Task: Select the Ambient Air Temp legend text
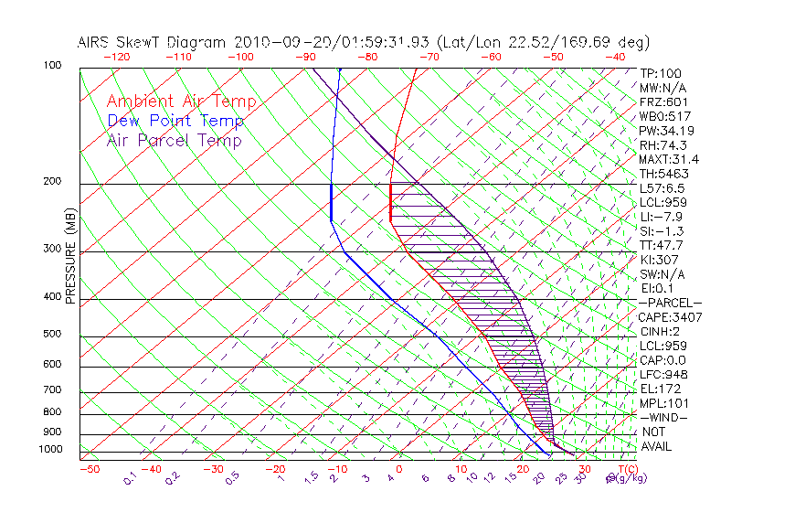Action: [x=182, y=102]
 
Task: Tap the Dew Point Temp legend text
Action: [x=175, y=122]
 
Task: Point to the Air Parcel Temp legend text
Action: [x=175, y=141]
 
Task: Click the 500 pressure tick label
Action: [x=53, y=335]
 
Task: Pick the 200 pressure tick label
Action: [x=53, y=182]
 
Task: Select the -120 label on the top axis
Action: [x=116, y=56]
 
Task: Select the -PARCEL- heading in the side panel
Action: [x=671, y=303]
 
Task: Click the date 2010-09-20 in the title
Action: [x=279, y=42]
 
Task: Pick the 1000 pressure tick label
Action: [x=50, y=450]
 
